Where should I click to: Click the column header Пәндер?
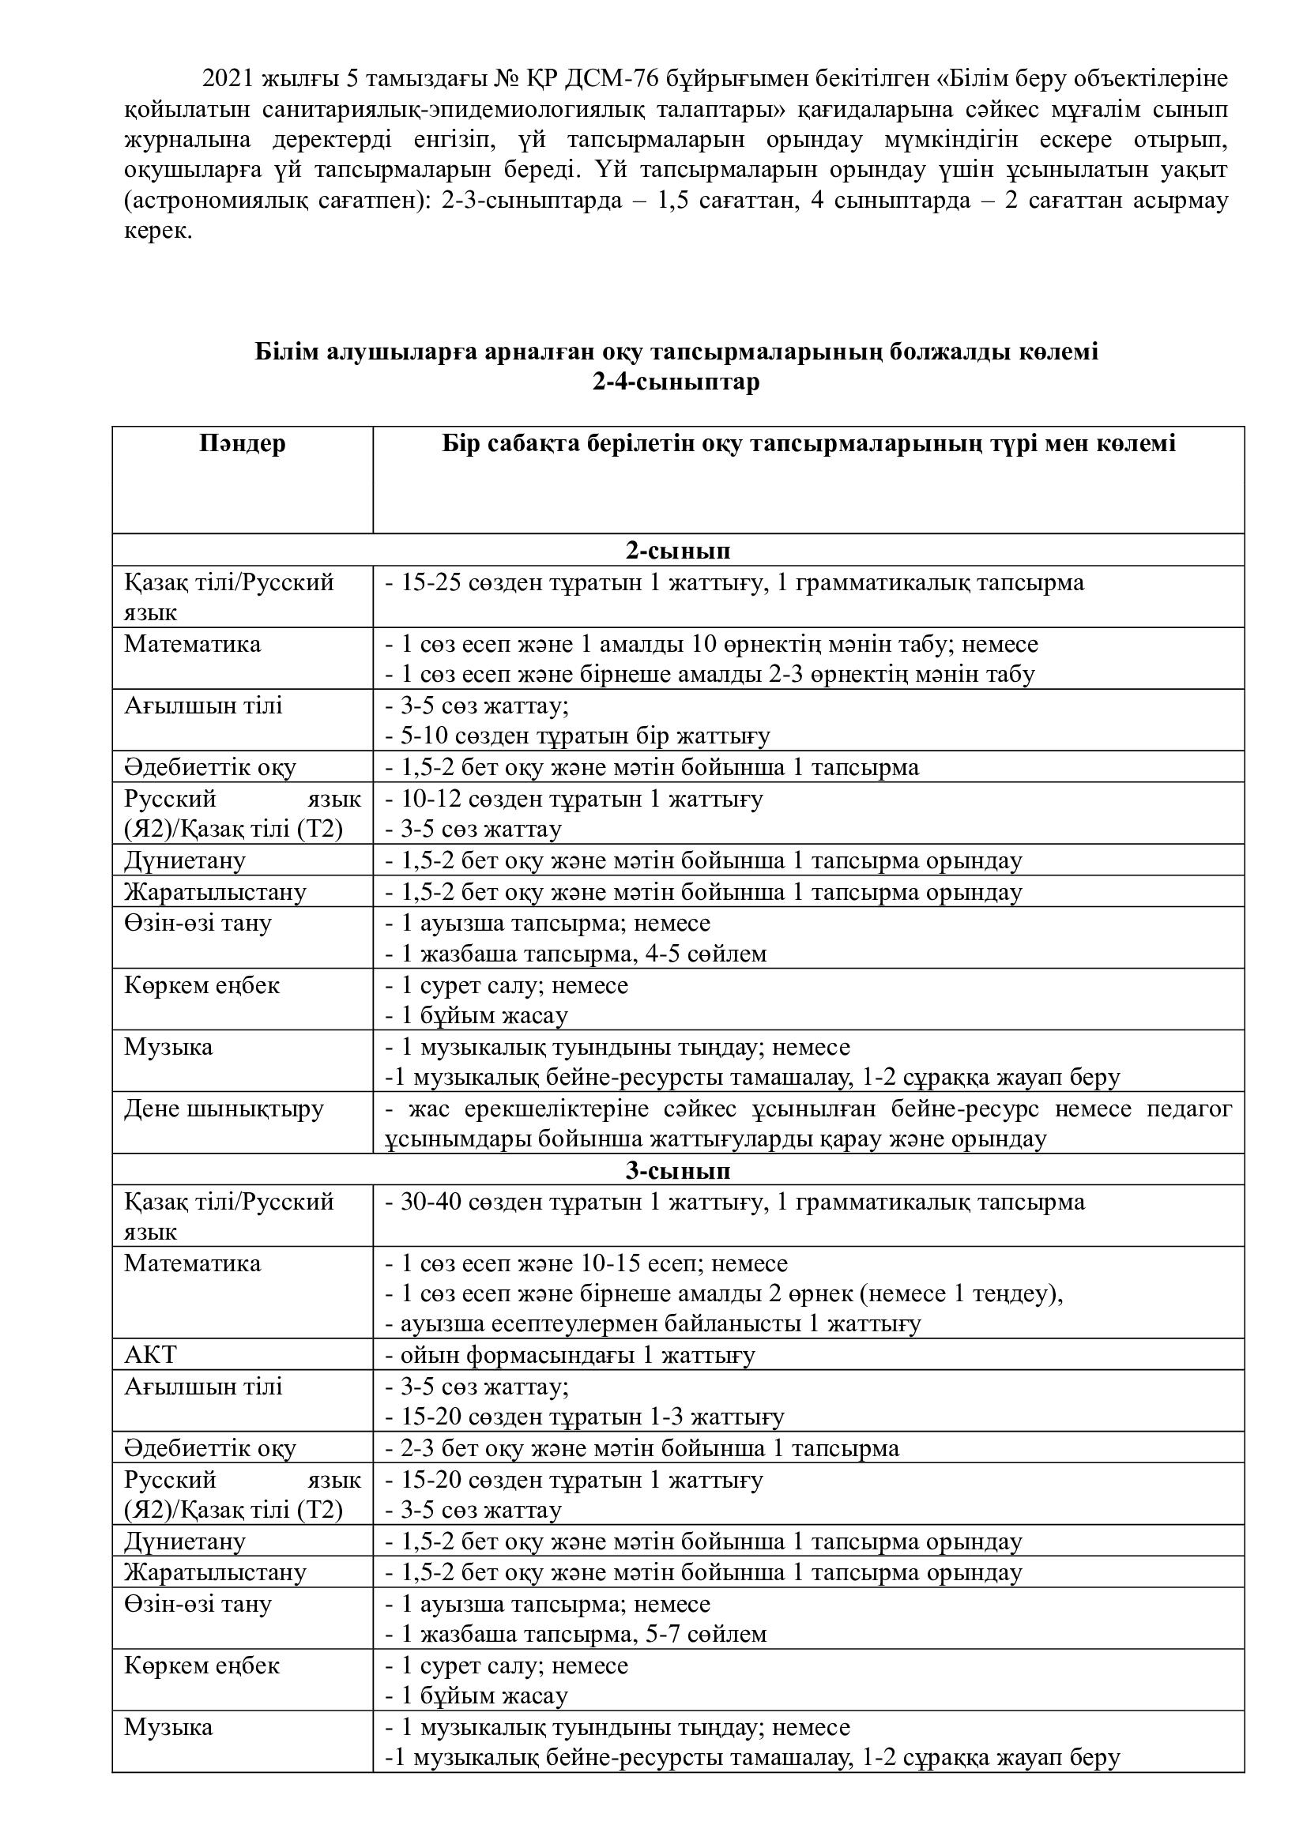(243, 443)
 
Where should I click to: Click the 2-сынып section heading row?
(678, 551)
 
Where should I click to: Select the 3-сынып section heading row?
(678, 1169)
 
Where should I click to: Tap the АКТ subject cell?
(150, 1355)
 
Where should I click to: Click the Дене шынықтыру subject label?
(224, 1108)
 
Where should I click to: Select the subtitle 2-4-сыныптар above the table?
(676, 382)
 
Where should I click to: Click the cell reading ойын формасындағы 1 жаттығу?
(570, 1355)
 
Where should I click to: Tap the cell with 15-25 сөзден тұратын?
(734, 582)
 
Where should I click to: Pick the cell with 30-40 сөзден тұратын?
(734, 1202)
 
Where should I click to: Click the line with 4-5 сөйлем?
(575, 954)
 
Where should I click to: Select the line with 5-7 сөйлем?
(575, 1634)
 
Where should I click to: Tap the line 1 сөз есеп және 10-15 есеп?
(586, 1263)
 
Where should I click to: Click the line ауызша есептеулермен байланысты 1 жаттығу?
(653, 1324)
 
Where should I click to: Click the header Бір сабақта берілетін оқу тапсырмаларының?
(808, 443)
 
